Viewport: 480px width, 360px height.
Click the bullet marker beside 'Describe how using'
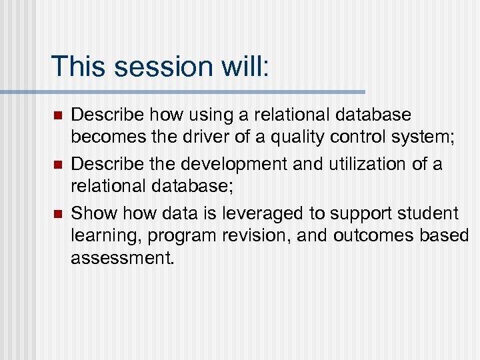(x=57, y=116)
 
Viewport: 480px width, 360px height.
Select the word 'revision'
(x=255, y=236)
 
